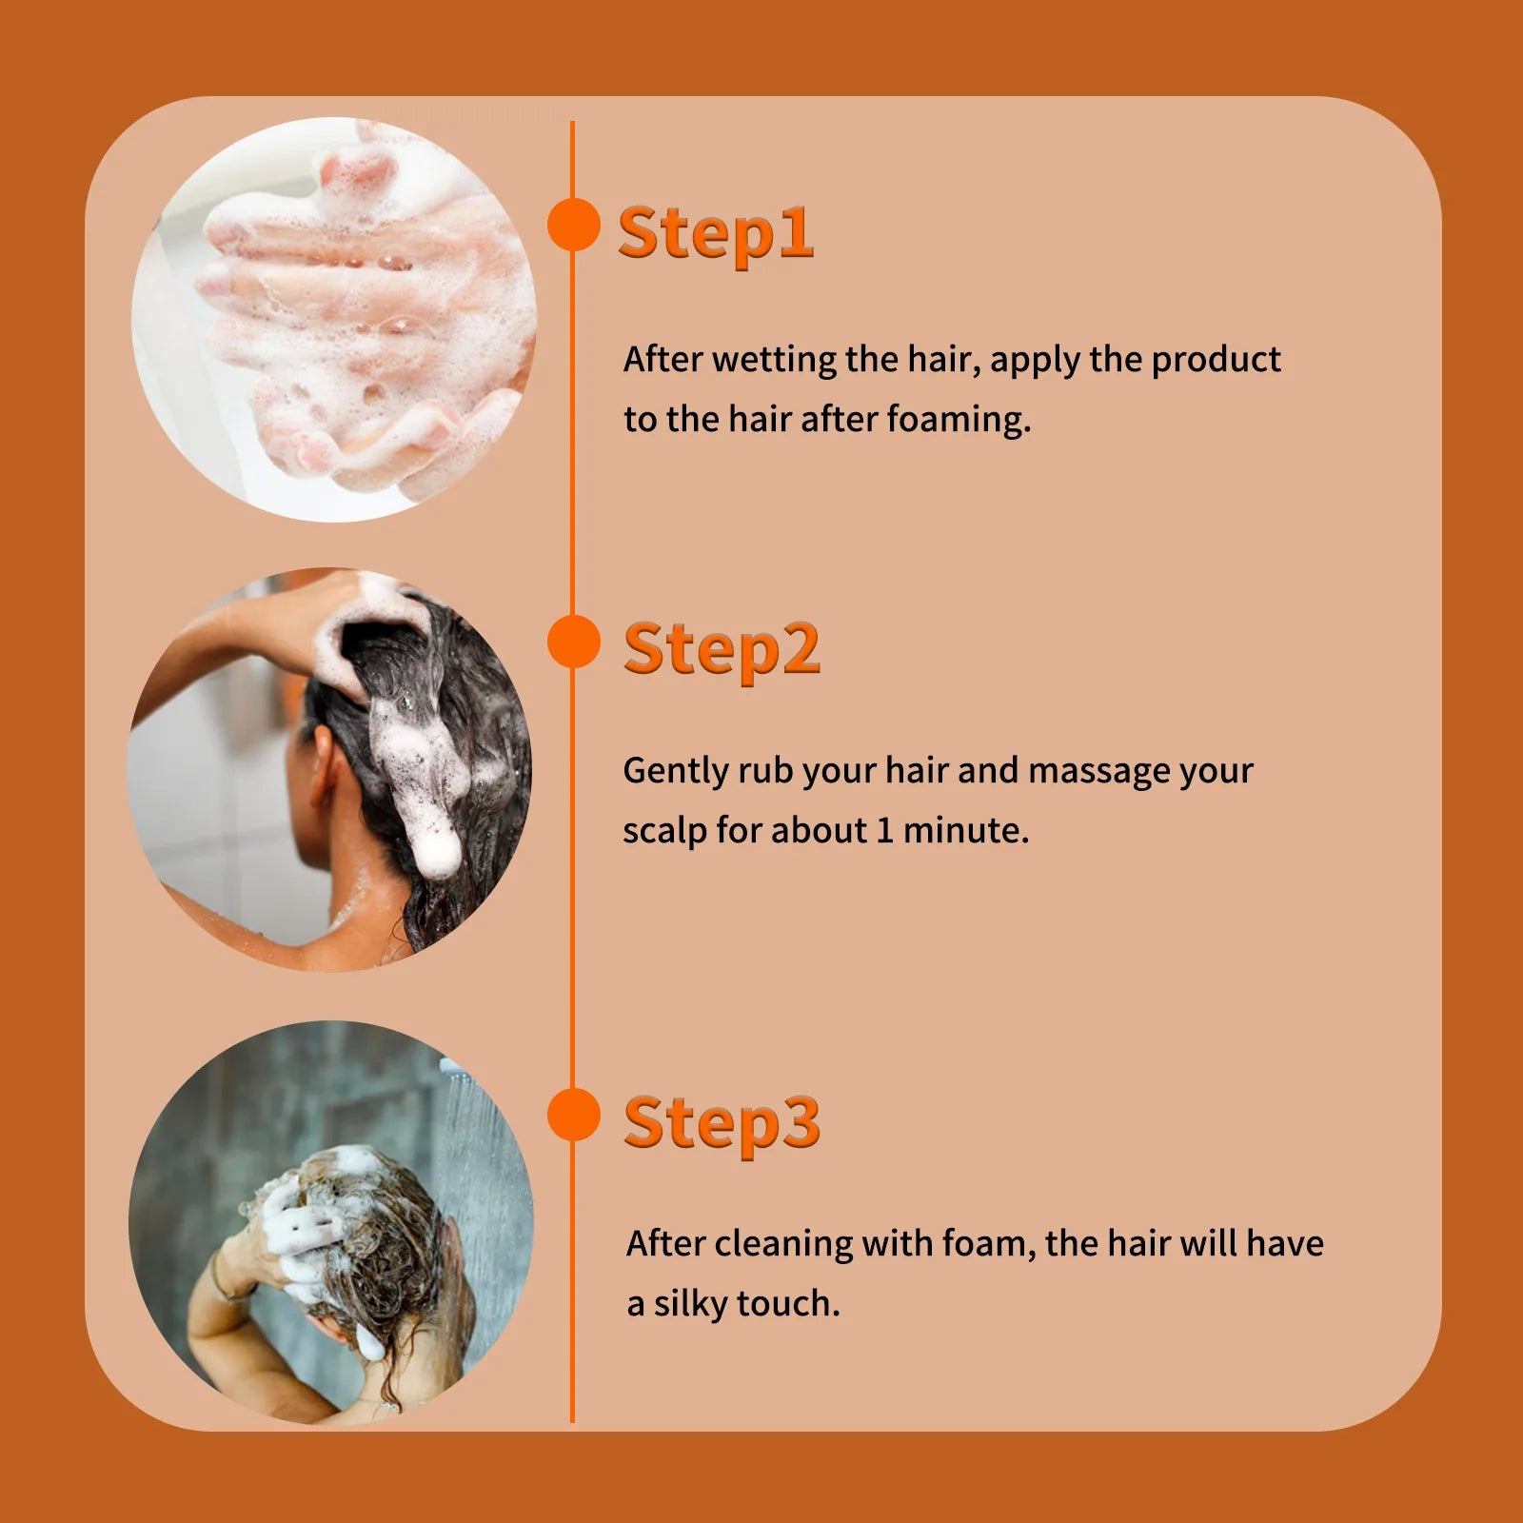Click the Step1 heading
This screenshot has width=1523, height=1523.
716,232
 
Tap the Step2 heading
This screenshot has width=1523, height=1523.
722,650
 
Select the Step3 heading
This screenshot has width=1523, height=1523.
722,1123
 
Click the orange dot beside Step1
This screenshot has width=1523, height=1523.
573,226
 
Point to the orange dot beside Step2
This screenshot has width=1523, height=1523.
573,642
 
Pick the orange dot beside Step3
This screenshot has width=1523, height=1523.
573,1115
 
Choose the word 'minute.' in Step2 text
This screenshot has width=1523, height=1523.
965,831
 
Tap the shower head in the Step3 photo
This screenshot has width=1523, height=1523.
455,1070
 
